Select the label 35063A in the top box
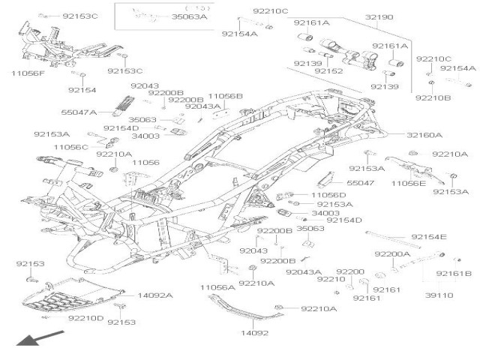189,16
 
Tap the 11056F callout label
28,73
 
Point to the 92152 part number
328,71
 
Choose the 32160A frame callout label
403,135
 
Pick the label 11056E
408,183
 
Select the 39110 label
439,295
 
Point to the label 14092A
154,295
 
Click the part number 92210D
86,319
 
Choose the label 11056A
217,287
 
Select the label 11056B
225,97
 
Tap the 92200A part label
393,254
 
